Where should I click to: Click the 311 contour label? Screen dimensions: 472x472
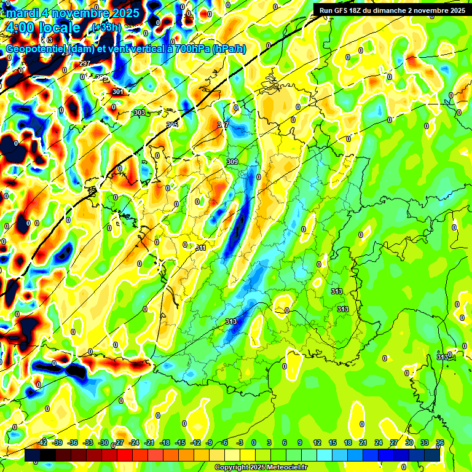pyautogui.click(x=200, y=248)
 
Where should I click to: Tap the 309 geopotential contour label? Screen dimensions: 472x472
pyautogui.click(x=232, y=162)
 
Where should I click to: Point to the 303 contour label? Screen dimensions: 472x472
pyautogui.click(x=140, y=112)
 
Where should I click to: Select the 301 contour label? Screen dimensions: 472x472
pyautogui.click(x=117, y=92)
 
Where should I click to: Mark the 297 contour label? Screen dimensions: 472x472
pyautogui.click(x=85, y=64)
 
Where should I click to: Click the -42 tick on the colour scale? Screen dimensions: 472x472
pyautogui.click(x=42, y=442)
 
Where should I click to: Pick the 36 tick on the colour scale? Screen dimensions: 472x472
pyautogui.click(x=439, y=442)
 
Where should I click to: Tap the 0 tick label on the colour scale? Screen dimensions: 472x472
pyautogui.click(x=254, y=442)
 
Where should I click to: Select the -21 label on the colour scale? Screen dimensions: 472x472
pyautogui.click(x=149, y=442)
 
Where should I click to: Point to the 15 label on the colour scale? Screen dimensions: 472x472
pyautogui.click(x=332, y=442)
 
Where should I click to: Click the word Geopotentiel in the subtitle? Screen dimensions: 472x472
pyautogui.click(x=36, y=49)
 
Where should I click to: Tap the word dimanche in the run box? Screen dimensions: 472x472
pyautogui.click(x=398, y=10)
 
